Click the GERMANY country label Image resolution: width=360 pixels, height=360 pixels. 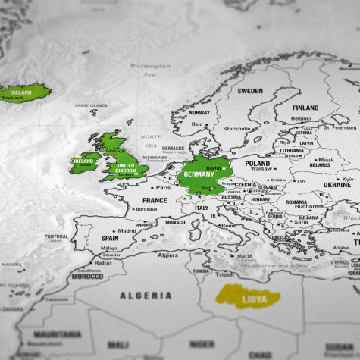199,174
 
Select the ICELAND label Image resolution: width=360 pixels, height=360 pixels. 20,92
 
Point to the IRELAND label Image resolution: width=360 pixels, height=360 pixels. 83,161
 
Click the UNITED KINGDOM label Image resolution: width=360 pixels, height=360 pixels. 127,168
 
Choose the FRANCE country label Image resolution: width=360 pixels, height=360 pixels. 155,201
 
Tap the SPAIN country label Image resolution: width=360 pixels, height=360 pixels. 110,238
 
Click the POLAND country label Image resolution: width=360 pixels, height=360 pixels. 257,163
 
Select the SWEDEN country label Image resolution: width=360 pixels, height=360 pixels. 250,91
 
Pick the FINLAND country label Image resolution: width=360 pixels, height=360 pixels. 305,108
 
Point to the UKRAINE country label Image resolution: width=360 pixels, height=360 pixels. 337,185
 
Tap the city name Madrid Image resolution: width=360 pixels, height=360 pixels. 127,230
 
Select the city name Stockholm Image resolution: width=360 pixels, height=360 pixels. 237,128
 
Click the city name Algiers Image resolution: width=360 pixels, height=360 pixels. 167,255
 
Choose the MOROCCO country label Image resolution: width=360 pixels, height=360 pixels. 88,277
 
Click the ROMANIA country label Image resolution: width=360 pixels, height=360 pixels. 296,202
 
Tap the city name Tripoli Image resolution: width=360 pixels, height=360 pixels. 224,275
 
